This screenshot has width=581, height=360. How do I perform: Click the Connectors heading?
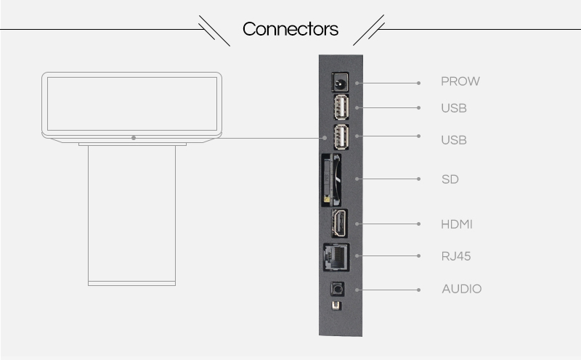coord(290,29)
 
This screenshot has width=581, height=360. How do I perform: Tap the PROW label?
coord(460,81)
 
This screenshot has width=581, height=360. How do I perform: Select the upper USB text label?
coord(453,108)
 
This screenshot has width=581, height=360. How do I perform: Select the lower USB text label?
coord(453,140)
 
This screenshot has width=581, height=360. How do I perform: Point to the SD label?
coord(450,179)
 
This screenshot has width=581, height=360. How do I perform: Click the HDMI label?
coord(457,224)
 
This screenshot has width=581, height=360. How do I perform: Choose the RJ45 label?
coord(456,256)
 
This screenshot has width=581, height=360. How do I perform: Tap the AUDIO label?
coord(462,289)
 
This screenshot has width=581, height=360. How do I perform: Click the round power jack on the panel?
coord(339,82)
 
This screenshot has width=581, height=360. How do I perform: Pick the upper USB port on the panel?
coord(341,107)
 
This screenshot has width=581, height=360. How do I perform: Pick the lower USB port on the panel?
coord(341,137)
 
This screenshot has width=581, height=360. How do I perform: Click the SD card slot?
coord(331,180)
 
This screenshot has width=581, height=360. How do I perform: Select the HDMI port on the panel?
coord(339,223)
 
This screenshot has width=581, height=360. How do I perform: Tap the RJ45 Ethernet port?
coord(336,257)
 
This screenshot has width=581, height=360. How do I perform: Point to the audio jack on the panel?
coord(337,289)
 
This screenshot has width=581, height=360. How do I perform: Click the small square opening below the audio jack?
coord(336,306)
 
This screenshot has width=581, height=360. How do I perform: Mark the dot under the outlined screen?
coord(134,138)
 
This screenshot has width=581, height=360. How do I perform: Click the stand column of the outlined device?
coord(131,215)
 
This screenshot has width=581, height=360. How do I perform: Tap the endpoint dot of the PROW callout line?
coord(419,83)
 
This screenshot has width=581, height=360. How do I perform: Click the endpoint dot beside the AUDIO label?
coord(419,290)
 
